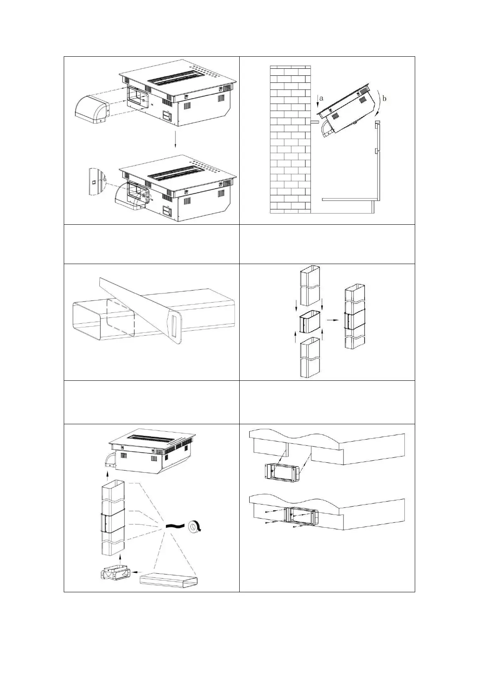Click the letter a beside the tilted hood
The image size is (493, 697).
pos(322,99)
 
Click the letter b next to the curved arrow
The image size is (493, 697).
pos(385,99)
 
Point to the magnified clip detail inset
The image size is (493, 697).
pos(97,181)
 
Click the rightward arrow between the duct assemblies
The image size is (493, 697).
pos(332,320)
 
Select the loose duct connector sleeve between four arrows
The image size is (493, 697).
pos(310,322)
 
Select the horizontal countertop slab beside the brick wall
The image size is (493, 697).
pos(351,199)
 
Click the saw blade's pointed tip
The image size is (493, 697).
pos(99,278)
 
